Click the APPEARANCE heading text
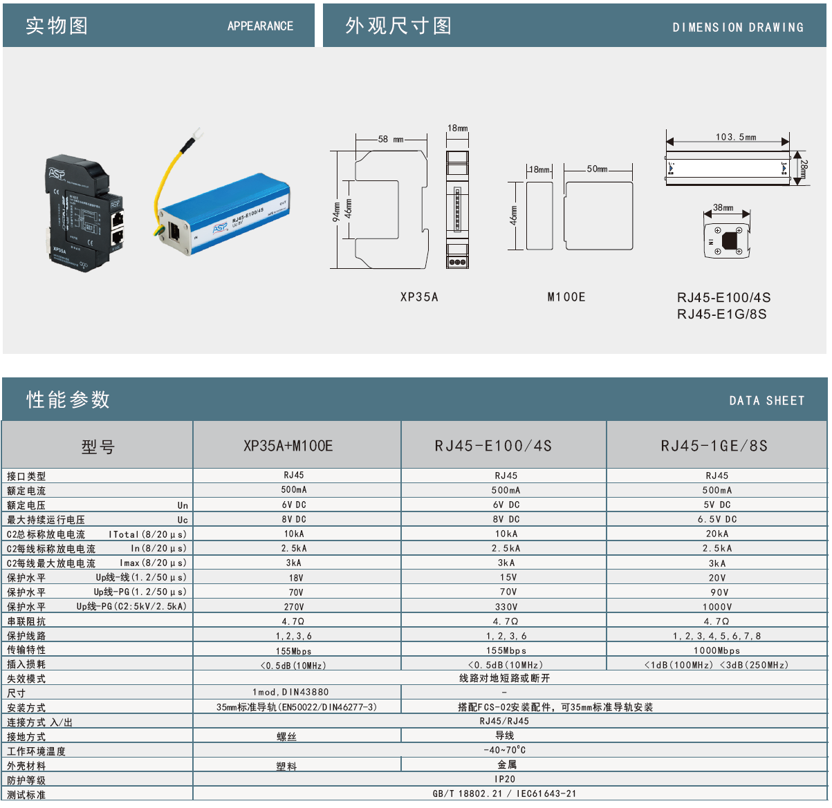pos(260,26)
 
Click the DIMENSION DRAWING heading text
pos(738,28)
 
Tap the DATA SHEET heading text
pos(766,401)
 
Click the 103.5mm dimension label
pos(735,137)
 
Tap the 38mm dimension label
pos(723,207)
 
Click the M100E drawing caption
pos(566,297)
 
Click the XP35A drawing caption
pos(419,297)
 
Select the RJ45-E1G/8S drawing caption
pos(721,314)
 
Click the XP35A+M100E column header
pos(288,446)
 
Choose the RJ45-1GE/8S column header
pos(714,446)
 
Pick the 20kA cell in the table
pos(717,534)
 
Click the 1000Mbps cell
pos(717,650)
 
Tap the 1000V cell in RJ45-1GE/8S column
pos(717,607)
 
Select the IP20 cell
pos(505,779)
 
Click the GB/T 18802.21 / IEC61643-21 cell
pos(504,793)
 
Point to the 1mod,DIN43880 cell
pos(290,692)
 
